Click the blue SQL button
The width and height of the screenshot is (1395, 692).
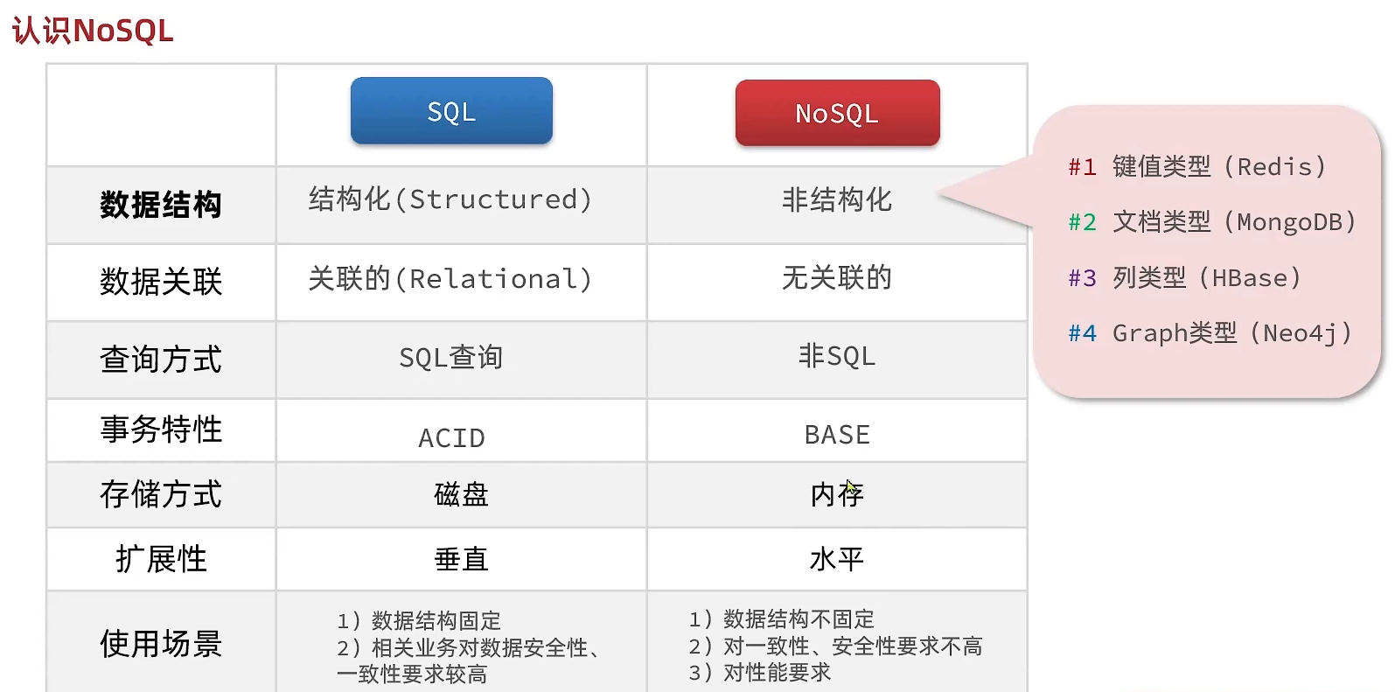pos(451,111)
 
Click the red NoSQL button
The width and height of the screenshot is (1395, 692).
pos(838,113)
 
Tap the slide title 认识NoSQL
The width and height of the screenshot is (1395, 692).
pos(93,31)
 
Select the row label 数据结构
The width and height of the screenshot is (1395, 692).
pos(161,205)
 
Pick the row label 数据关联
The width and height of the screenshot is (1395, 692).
pos(161,282)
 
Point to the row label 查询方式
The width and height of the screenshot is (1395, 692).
pos(161,360)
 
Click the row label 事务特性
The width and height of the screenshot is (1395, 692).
pos(161,430)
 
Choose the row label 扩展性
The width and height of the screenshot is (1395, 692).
pos(161,559)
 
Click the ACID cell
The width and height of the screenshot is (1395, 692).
pos(451,438)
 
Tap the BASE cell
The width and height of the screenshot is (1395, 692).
pos(837,435)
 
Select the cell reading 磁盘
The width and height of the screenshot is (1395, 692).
pos(461,494)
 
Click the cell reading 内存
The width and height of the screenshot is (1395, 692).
pos(837,494)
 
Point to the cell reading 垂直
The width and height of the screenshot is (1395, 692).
pos(461,559)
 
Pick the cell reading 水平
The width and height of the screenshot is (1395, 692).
pos(837,559)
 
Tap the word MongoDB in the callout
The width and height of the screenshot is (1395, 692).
pos(1290,222)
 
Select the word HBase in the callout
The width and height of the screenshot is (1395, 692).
pos(1250,278)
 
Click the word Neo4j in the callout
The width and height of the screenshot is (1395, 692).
pos(1301,334)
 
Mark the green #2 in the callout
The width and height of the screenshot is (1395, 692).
pos(1083,222)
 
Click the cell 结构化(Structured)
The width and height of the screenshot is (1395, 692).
pos(450,200)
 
